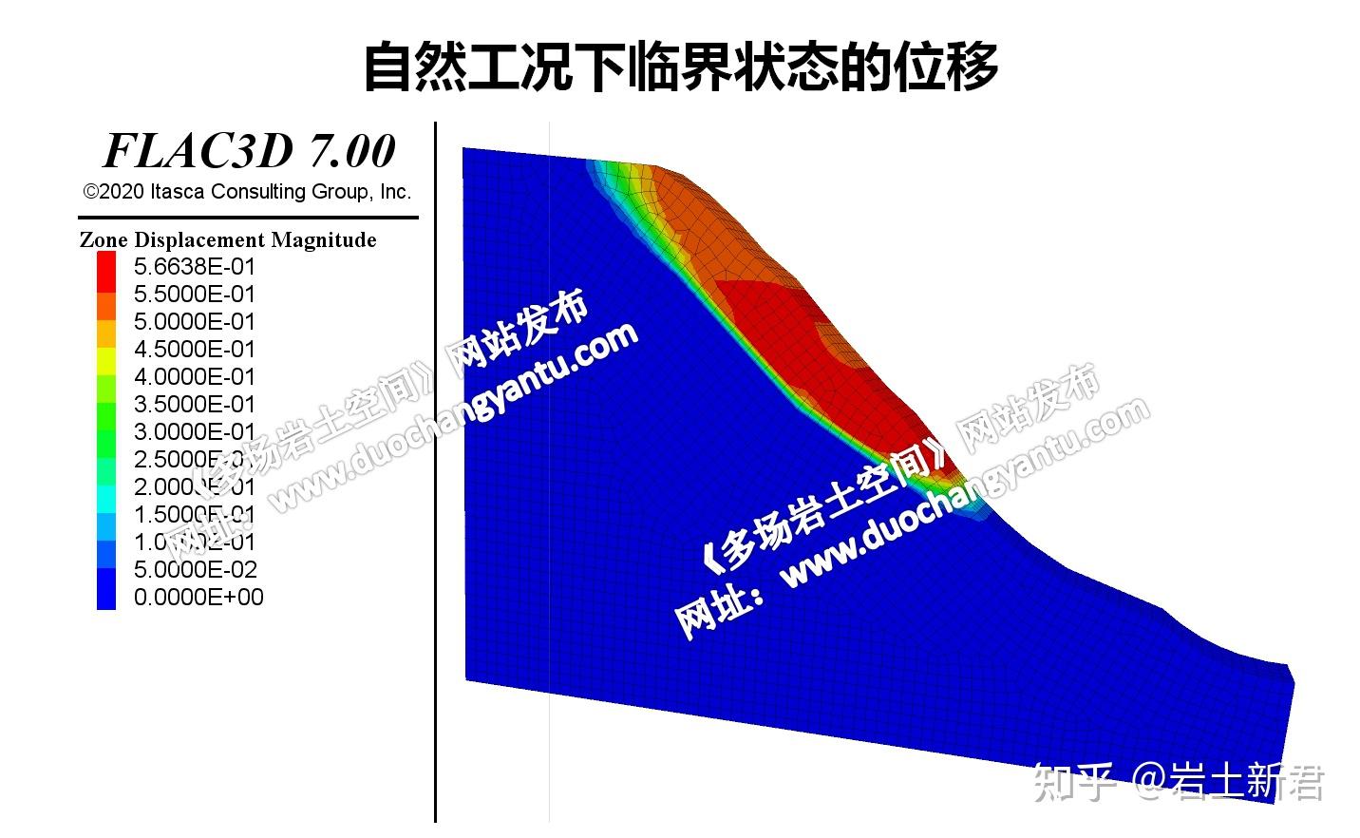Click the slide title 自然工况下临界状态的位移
pos(680,66)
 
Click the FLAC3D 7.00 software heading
pos(249,151)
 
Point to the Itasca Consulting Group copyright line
pos(248,192)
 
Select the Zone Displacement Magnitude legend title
pos(228,239)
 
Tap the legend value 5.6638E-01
pos(195,266)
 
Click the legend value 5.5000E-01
pos(195,294)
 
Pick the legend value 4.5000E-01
pos(195,349)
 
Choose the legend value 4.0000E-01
pos(195,376)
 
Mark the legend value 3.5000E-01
pos(195,404)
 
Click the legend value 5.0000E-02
pos(195,569)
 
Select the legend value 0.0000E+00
pos(198,597)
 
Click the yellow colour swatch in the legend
pos(106,362)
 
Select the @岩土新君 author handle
pos(1229,783)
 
